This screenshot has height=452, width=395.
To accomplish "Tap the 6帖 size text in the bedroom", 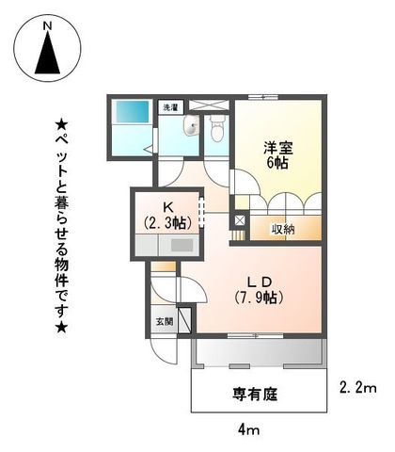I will click(276, 162).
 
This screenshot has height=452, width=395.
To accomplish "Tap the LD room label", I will click(260, 282).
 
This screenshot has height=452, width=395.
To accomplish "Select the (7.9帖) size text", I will click(260, 299).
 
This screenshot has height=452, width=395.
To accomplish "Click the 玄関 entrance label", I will click(161, 321).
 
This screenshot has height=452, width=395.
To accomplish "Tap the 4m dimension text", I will click(248, 429).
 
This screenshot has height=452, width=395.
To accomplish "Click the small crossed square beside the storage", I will click(238, 222).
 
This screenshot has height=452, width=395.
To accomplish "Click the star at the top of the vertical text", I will click(62, 121).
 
